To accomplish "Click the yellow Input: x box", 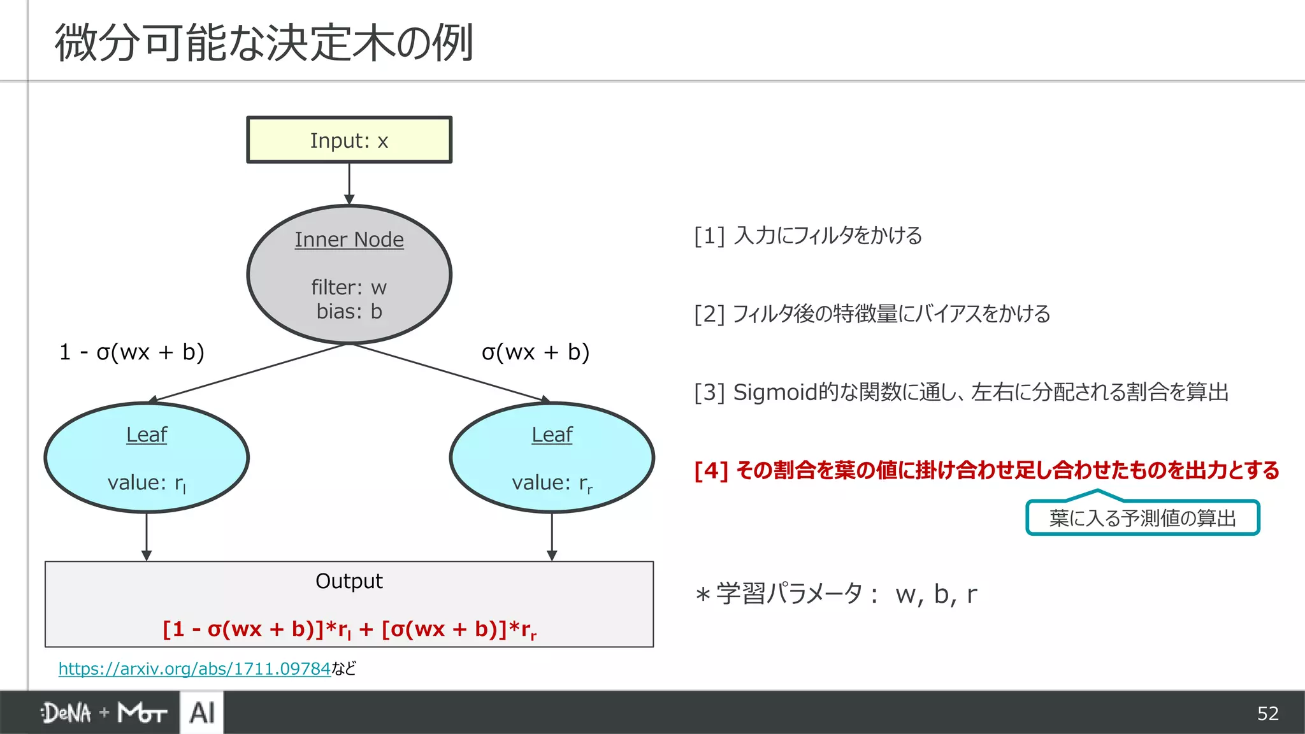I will click(349, 140).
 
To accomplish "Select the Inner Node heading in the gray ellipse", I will click(349, 240).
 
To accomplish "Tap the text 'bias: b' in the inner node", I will click(349, 312).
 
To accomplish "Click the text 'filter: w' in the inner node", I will click(349, 287).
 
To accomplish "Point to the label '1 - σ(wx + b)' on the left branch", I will click(132, 352).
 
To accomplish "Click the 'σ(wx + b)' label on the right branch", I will click(535, 352).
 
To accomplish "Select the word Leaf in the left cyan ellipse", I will click(147, 435).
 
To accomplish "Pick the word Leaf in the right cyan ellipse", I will click(552, 435).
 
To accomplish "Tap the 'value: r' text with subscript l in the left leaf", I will click(147, 483).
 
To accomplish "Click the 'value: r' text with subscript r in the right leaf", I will click(552, 483).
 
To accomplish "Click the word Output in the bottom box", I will click(349, 581).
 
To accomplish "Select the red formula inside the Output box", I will click(349, 630).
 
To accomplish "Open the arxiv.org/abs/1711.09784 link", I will click(194, 668).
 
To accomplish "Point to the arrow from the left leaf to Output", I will click(147, 536).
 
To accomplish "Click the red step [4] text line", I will click(986, 470).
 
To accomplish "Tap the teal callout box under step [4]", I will click(1143, 518).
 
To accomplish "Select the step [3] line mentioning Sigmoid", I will click(961, 392).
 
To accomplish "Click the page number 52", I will click(1267, 713).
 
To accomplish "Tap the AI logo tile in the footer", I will click(202, 712).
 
